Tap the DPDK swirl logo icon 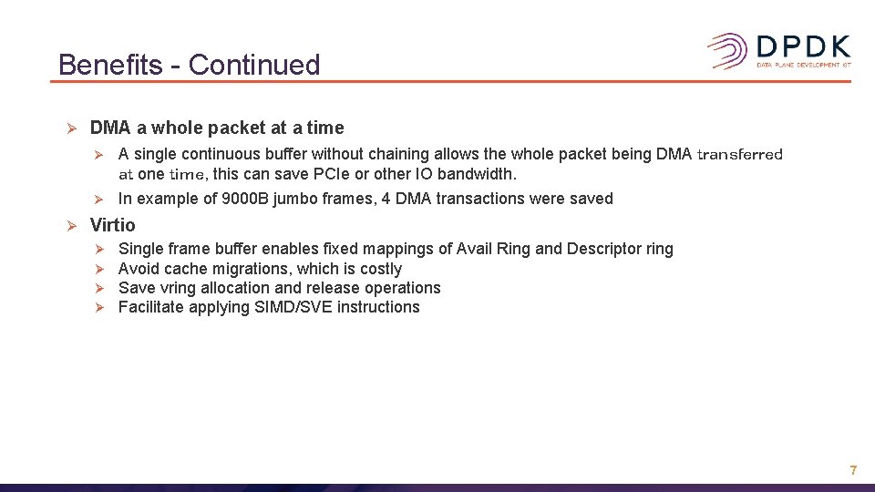coord(728,51)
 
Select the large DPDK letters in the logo coord(803,46)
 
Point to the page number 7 coord(853,470)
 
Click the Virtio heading coord(112,225)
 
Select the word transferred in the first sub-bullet coord(739,154)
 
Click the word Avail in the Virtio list coord(477,249)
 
